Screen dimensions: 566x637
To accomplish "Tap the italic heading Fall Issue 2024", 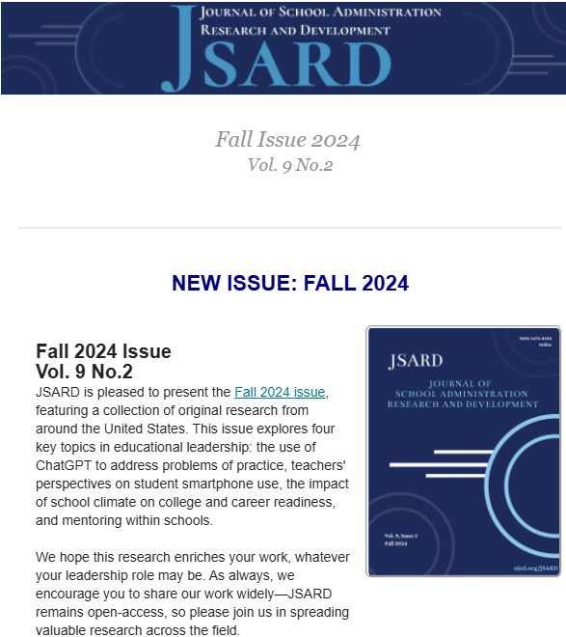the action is coord(287,140).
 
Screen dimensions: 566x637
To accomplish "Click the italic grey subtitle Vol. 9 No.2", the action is coord(289,165).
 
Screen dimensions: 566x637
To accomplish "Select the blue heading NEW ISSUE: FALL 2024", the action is coord(289,283).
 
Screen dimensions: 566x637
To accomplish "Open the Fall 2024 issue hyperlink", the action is coord(281,392).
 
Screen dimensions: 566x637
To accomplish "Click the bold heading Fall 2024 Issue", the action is coord(103,351).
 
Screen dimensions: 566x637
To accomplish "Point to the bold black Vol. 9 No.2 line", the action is coord(84,372).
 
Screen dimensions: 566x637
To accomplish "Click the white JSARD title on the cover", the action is coord(415,362).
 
